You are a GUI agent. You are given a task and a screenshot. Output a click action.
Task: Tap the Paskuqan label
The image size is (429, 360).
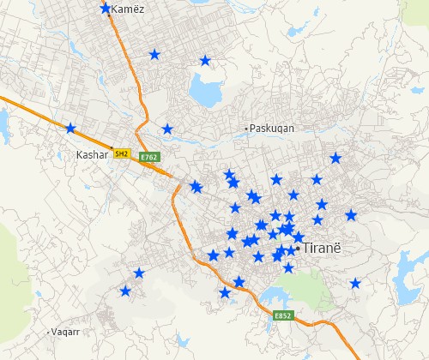coord(272,128)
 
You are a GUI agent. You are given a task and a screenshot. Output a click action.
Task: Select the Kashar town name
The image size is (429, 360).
coord(93,155)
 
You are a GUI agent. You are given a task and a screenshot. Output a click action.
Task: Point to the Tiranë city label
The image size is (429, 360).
coord(323,248)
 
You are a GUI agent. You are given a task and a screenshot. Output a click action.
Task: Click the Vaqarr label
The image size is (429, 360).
coord(66,331)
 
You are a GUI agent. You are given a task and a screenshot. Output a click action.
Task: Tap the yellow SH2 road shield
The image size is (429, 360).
coord(123,153)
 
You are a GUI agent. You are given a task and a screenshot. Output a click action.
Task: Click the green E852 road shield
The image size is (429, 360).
coord(284,315)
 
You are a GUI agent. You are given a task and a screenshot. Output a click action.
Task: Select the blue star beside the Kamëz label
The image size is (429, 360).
coord(106,9)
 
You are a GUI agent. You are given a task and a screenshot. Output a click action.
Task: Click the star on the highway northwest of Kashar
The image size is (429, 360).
coord(70,129)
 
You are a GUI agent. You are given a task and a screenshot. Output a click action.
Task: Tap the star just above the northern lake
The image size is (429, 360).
coord(205,61)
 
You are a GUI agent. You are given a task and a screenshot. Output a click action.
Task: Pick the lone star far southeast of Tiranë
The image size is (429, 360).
coord(355,284)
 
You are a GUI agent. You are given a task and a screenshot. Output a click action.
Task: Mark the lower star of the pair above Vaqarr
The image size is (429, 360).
coord(126,292)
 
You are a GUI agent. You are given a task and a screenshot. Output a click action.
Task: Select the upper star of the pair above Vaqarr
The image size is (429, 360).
coord(139,273)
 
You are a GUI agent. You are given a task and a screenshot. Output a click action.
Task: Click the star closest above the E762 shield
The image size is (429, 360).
coord(167,129)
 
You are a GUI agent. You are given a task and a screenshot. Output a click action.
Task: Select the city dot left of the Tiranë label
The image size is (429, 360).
coord(297,248)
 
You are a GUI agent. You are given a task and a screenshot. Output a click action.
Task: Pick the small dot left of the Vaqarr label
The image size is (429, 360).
coord(48,331)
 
